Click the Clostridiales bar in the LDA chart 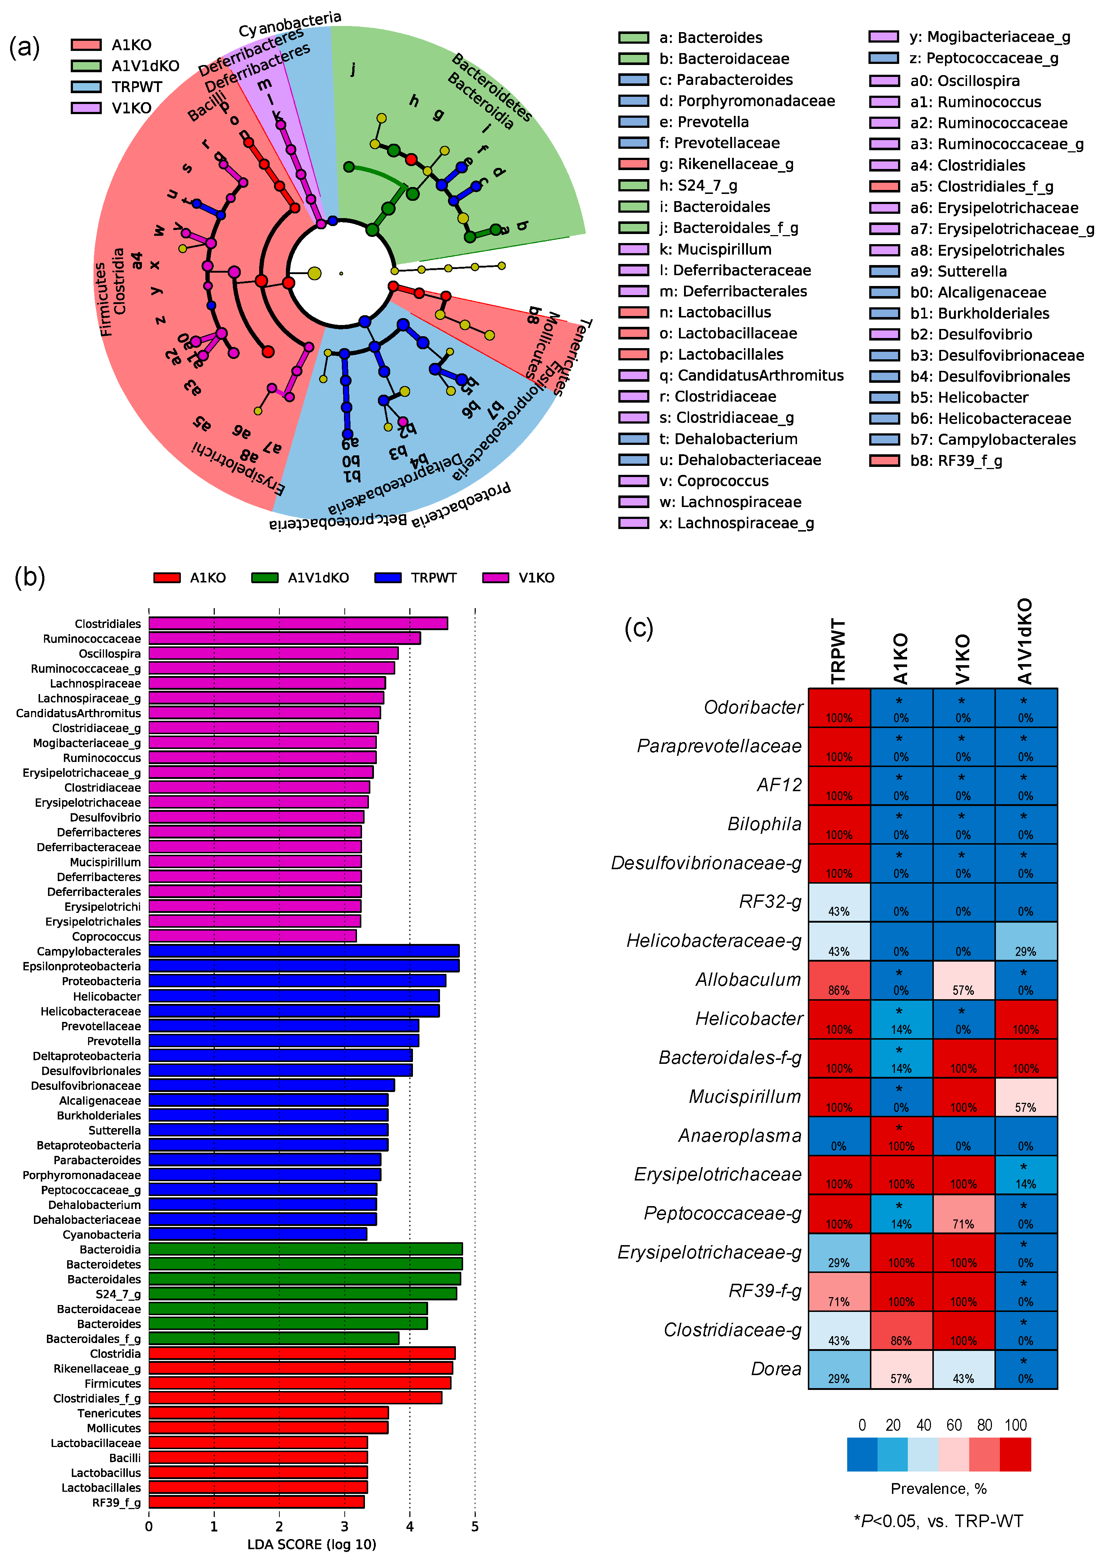tap(297, 623)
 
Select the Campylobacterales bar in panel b tap(304, 951)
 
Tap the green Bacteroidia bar tap(305, 1249)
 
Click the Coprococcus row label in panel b tap(106, 936)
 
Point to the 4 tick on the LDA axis tap(409, 1526)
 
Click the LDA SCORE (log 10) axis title tap(311, 1544)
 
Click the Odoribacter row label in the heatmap tap(753, 707)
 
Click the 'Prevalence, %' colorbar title tap(938, 1488)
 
